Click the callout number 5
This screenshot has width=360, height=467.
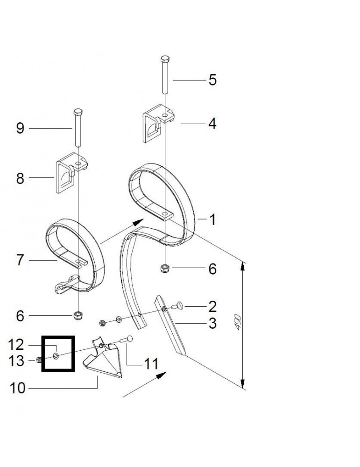[212, 80]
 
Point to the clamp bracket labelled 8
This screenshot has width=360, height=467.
[70, 174]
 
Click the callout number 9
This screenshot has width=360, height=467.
[20, 128]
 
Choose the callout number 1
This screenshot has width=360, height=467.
[212, 219]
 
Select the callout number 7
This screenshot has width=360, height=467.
[20, 261]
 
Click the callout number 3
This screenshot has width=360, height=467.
[212, 324]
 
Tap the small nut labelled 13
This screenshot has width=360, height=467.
[40, 360]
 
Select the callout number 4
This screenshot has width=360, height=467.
[212, 124]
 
